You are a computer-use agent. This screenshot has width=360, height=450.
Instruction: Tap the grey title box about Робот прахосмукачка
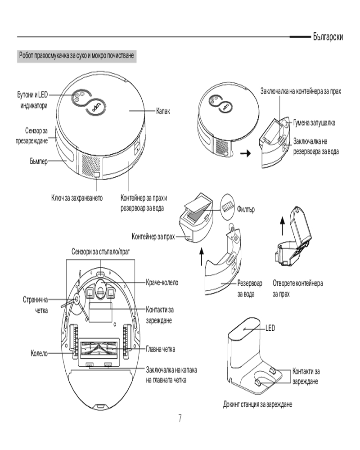point(76,57)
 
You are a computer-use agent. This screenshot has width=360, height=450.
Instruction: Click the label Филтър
point(245,211)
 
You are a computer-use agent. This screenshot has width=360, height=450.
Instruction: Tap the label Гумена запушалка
point(314,122)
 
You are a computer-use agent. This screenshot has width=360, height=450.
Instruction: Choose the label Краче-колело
point(162,283)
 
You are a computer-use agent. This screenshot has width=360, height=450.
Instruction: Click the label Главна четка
point(160,349)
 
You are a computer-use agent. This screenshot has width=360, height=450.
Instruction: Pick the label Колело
point(39,354)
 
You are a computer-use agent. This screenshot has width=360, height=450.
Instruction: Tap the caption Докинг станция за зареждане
point(258,404)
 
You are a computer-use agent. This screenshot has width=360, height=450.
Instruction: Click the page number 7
point(180,419)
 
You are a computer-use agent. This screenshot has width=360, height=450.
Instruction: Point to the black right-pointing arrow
point(245,153)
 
